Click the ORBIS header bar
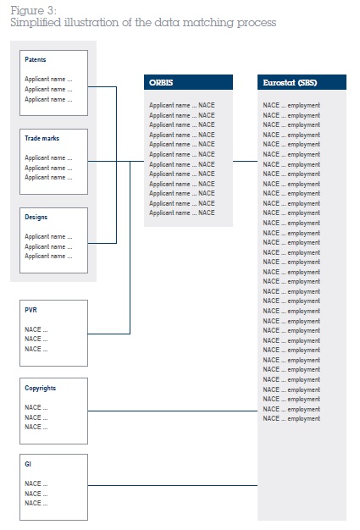pos(188,82)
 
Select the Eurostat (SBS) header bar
pos(302,82)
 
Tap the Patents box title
pos(36,59)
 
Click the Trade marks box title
pos(42,138)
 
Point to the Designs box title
pos(36,217)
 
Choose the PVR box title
pos(30,310)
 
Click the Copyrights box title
pos(40,388)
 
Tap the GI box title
pos(28,464)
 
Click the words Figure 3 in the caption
pos(34,10)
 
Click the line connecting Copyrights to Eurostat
pos(173,411)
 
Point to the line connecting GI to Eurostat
pos(173,486)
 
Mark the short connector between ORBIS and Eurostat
pos(245,161)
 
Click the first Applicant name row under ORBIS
pos(182,106)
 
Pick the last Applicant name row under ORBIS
pos(182,213)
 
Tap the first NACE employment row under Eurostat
pos(291,106)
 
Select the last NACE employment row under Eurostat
pos(291,418)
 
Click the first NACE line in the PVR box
pos(36,329)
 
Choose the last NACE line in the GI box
pos(36,503)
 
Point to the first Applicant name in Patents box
pos(48,79)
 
